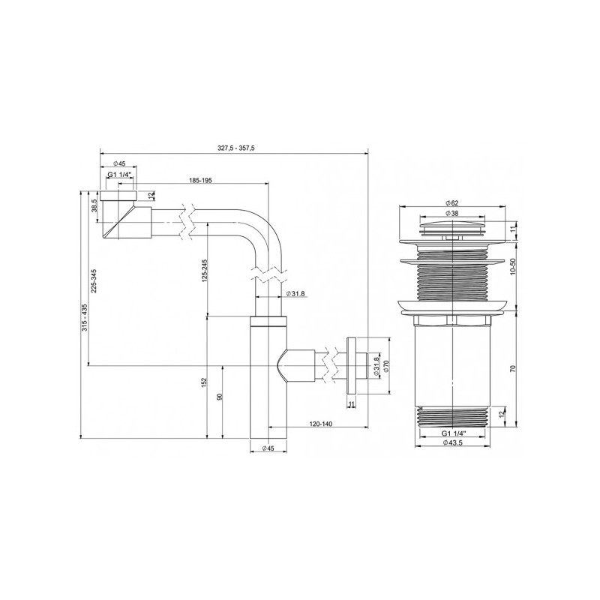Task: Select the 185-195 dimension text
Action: point(203,180)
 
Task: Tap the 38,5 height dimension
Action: point(95,205)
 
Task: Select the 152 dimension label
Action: point(205,384)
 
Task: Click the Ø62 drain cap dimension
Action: point(451,203)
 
